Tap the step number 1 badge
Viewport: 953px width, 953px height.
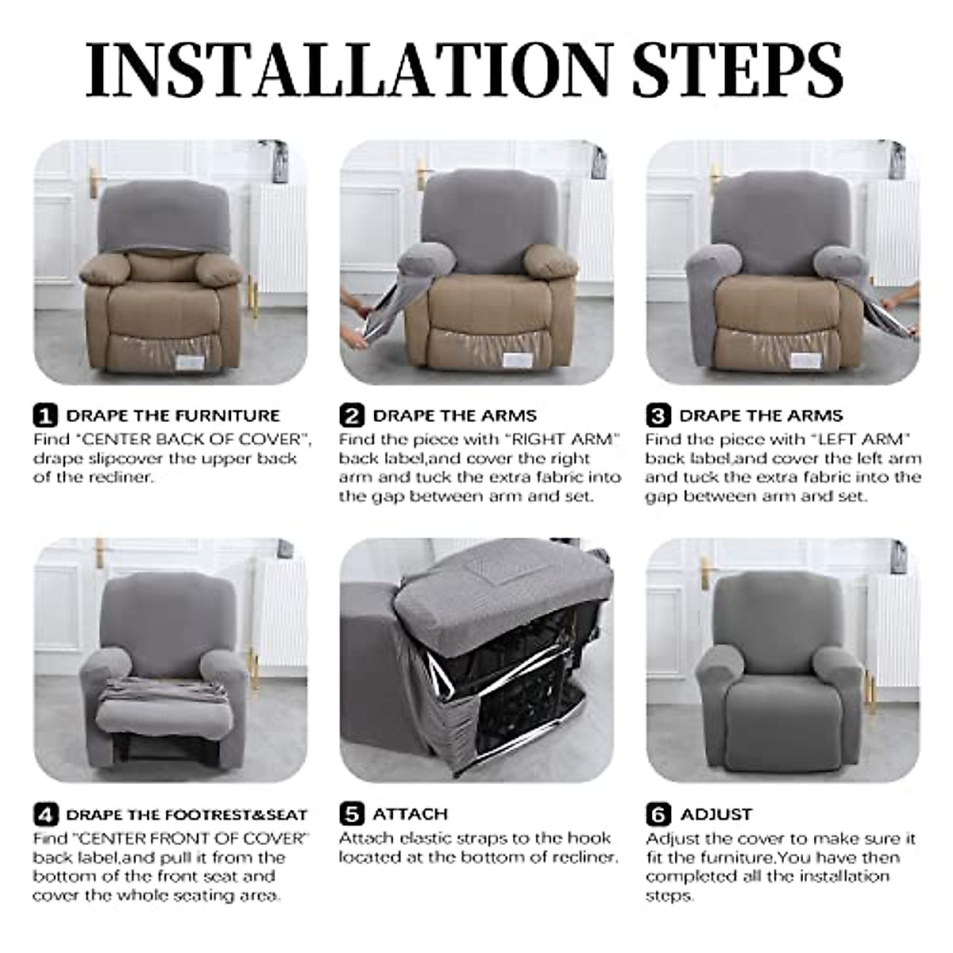click(x=45, y=415)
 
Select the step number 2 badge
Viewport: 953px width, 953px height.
click(x=352, y=415)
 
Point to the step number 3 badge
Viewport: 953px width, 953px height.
click(x=658, y=415)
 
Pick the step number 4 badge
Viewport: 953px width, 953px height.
click(x=45, y=814)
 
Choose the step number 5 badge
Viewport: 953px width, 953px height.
click(x=352, y=814)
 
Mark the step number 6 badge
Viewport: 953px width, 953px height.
click(x=658, y=814)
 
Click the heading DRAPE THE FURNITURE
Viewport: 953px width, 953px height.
click(x=173, y=415)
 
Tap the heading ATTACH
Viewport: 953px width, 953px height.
click(x=410, y=814)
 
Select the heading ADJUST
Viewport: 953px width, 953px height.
click(x=716, y=814)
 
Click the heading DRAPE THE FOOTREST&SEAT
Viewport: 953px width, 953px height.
click(x=187, y=814)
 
